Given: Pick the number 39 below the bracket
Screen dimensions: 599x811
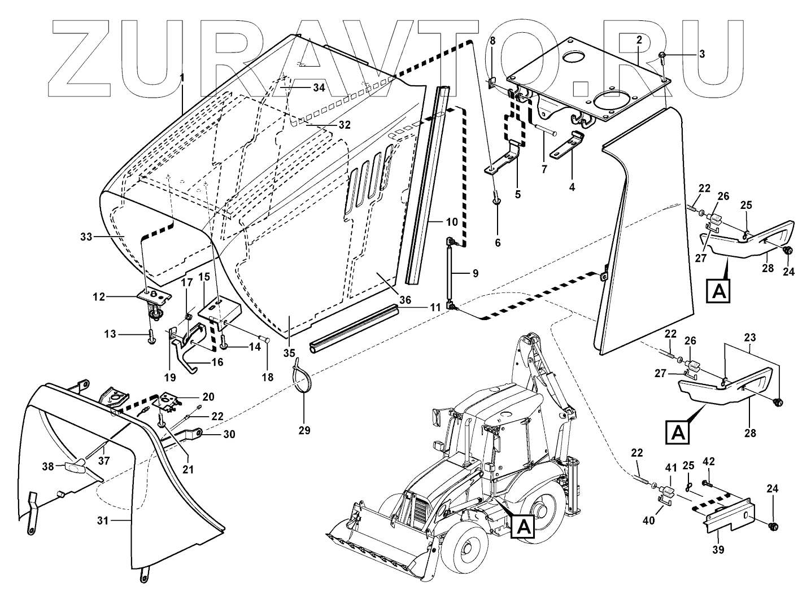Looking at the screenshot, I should (x=717, y=549).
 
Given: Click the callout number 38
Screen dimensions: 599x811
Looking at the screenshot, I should (x=49, y=466).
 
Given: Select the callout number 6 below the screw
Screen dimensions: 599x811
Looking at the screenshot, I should (x=498, y=243).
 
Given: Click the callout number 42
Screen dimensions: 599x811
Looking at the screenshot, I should (x=708, y=461).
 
